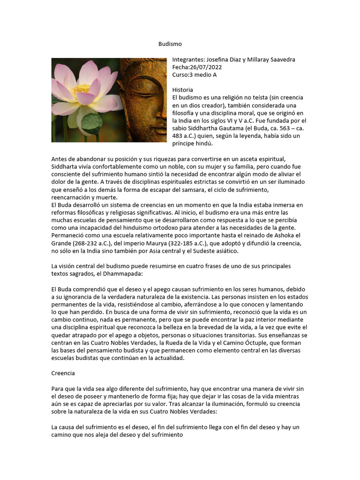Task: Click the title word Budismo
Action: (169, 44)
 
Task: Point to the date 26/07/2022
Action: (205, 67)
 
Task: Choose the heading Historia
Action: (183, 90)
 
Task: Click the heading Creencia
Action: (63, 374)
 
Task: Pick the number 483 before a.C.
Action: (178, 136)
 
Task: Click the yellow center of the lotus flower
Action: (81, 89)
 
